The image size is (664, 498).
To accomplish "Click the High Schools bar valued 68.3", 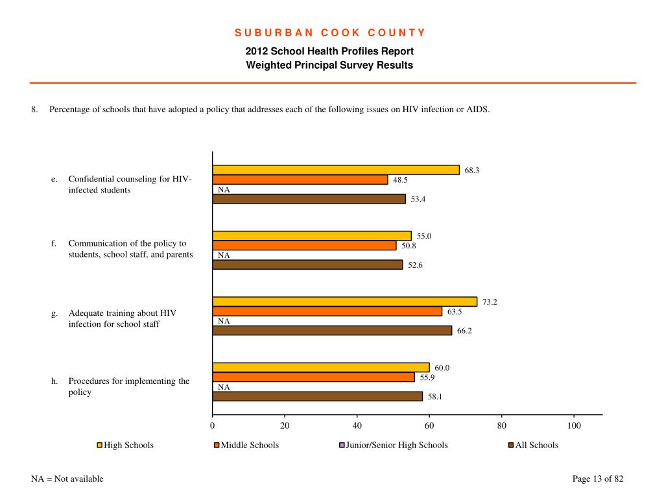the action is pyautogui.click(x=336, y=170).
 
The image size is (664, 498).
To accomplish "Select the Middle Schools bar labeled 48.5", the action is pyautogui.click(x=300, y=180).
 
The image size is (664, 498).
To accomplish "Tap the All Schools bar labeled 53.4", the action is pyautogui.click(x=309, y=199).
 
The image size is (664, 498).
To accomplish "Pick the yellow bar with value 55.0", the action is pyautogui.click(x=312, y=236).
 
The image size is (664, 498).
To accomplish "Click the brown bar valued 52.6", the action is pyautogui.click(x=308, y=265).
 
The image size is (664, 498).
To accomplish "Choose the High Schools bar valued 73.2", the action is pyautogui.click(x=345, y=302).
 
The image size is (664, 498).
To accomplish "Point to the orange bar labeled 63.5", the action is pyautogui.click(x=327, y=311).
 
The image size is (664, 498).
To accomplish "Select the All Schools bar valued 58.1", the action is pyautogui.click(x=318, y=396).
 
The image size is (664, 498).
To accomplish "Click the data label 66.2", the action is pyautogui.click(x=464, y=331).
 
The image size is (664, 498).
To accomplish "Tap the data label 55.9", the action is pyautogui.click(x=427, y=377).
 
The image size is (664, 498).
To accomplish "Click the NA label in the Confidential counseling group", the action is pyautogui.click(x=224, y=190).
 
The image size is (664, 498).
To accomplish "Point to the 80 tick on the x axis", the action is pyautogui.click(x=502, y=425).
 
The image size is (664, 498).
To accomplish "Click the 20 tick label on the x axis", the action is pyautogui.click(x=285, y=425).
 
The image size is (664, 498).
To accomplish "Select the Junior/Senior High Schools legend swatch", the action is pyautogui.click(x=342, y=445).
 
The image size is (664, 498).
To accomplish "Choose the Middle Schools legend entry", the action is pyautogui.click(x=246, y=445).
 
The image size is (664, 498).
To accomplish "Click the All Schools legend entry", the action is pyautogui.click(x=534, y=445).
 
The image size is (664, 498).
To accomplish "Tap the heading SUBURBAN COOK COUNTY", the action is pyautogui.click(x=330, y=32).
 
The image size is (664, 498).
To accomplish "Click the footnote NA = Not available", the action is pyautogui.click(x=67, y=479).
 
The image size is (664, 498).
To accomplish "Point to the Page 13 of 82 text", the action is pyautogui.click(x=598, y=479).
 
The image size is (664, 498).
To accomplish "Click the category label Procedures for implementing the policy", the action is pyautogui.click(x=129, y=386).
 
